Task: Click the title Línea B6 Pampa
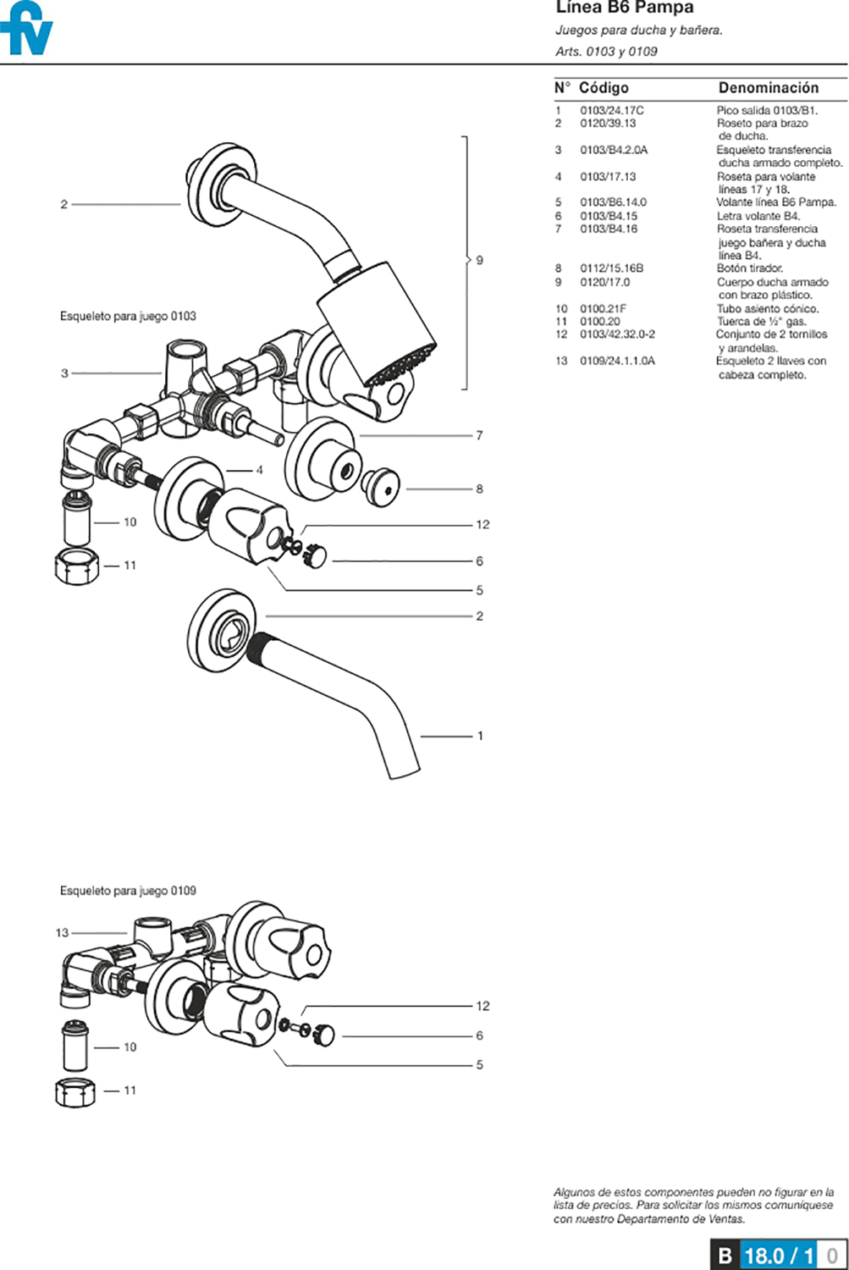click(x=624, y=8)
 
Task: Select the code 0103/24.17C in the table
click(x=611, y=110)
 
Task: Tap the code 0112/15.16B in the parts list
click(x=611, y=268)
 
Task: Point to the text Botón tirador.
click(x=749, y=268)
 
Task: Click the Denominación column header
click(x=768, y=88)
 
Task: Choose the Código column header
click(x=604, y=88)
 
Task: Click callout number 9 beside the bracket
click(x=479, y=260)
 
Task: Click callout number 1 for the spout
click(x=480, y=736)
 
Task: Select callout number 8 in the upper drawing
click(x=479, y=489)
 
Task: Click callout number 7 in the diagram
click(x=479, y=435)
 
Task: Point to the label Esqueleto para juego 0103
click(x=128, y=317)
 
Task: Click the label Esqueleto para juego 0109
click(x=128, y=891)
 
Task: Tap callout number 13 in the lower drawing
click(x=62, y=933)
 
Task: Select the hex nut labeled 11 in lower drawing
click(x=74, y=1091)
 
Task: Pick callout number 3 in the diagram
click(x=64, y=373)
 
